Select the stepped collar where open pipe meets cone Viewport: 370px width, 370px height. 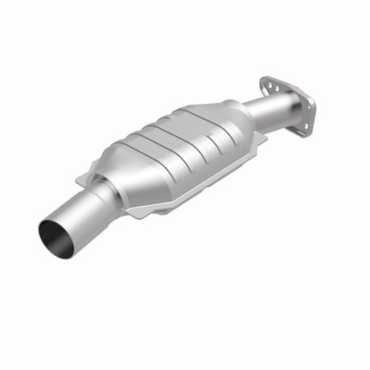105,194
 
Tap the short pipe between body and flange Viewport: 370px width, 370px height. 265,109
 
